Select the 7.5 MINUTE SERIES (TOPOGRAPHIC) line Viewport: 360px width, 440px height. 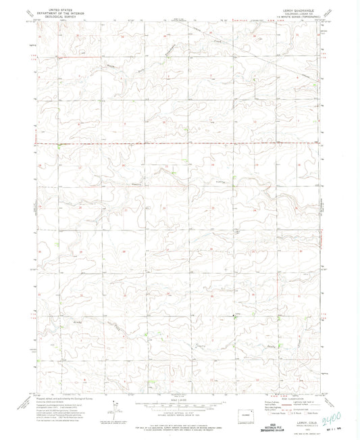pyautogui.click(x=298, y=16)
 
